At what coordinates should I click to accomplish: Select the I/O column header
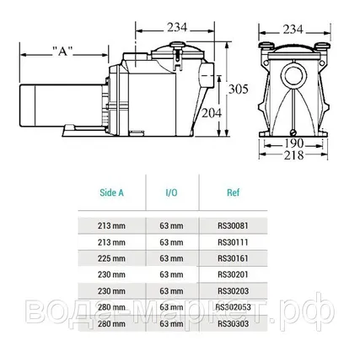click(171, 192)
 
